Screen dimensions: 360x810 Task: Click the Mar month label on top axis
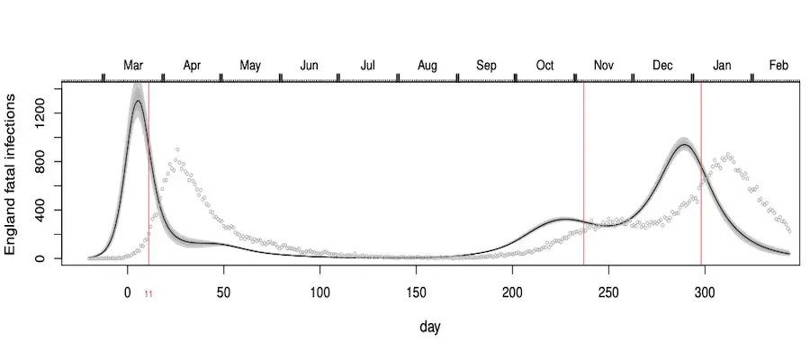[x=133, y=66]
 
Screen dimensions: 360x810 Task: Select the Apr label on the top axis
[x=192, y=66]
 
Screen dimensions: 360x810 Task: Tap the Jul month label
[x=368, y=66]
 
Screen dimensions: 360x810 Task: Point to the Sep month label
[x=486, y=66]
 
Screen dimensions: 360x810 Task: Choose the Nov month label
[x=604, y=66]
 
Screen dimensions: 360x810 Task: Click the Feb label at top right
[x=778, y=66]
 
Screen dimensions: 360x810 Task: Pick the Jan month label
[x=722, y=66]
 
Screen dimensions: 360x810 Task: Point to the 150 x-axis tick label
[x=416, y=293]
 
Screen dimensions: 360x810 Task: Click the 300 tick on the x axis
[x=705, y=293]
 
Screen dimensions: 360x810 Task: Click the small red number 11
[x=148, y=293]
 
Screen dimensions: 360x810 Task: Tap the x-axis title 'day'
[x=429, y=328]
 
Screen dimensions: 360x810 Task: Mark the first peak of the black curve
[x=137, y=101]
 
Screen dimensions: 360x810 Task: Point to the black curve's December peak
[x=684, y=145]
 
